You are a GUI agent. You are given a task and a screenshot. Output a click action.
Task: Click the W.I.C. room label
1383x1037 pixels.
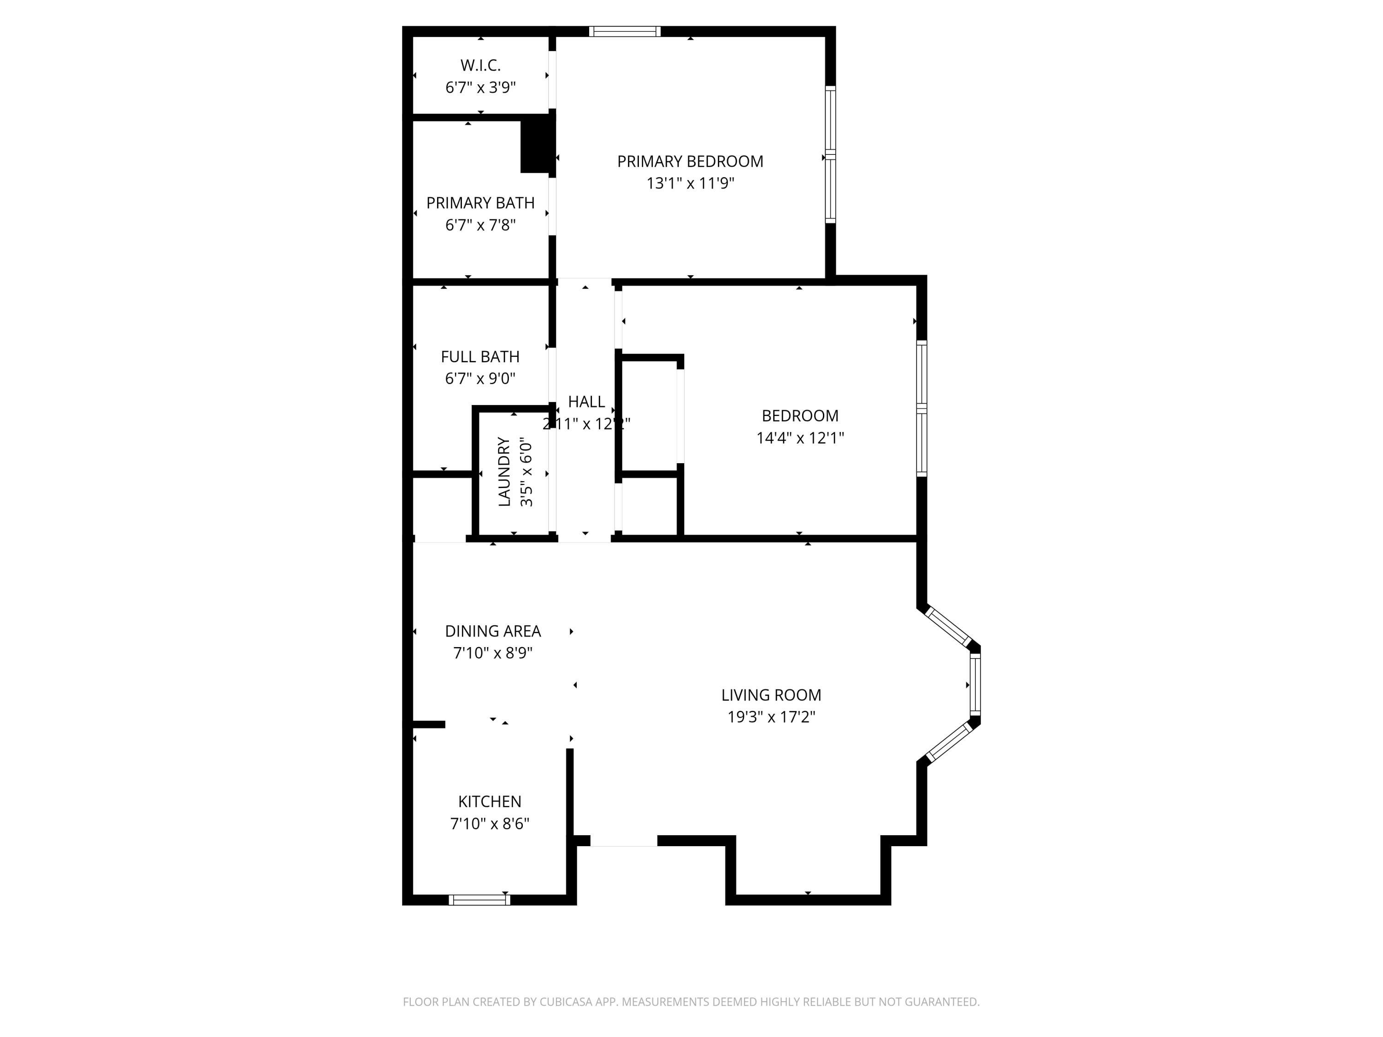pos(480,65)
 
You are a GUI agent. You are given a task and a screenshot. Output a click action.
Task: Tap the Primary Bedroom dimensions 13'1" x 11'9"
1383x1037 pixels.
pos(690,183)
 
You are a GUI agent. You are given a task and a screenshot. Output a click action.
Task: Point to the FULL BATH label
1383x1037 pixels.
pos(480,356)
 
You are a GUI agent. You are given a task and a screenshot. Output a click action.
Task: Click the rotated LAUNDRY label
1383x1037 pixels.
pos(504,472)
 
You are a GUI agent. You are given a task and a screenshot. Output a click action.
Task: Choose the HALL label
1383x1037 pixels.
pos(586,401)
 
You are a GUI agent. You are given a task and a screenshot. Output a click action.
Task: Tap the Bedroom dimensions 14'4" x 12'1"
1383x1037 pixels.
pos(800,437)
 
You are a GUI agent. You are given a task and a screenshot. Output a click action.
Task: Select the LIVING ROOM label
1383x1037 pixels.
pos(771,695)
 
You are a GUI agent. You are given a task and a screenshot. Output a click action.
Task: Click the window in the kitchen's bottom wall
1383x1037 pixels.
pos(479,900)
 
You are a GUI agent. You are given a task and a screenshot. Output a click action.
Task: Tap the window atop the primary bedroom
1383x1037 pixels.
pos(625,31)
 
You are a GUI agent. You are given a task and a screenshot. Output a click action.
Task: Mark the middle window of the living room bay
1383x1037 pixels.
pos(975,684)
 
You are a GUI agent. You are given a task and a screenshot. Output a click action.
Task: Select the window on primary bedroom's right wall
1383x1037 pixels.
pos(830,154)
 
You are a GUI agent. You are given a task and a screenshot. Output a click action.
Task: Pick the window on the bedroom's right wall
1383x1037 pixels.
pos(921,408)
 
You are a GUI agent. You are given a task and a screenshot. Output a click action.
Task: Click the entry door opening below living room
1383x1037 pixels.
pos(623,841)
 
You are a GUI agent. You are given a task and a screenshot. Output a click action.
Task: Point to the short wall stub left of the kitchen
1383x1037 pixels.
pos(428,725)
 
